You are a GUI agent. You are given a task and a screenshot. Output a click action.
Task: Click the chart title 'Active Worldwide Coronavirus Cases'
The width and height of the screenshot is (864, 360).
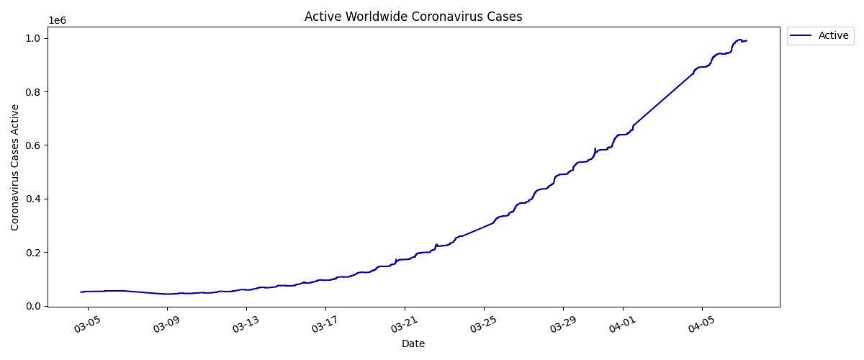[x=413, y=17]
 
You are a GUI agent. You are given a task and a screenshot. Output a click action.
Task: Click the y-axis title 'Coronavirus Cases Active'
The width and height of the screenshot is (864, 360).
[x=16, y=166]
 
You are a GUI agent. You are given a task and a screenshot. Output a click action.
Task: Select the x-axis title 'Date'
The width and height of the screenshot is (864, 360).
[x=413, y=344]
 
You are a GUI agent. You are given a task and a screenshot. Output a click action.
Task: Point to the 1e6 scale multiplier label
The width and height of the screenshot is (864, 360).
[x=58, y=20]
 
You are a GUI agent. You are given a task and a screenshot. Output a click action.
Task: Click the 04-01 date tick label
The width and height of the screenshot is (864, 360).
[x=620, y=323]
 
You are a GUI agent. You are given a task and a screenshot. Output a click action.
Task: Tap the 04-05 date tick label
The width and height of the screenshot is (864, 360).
[x=699, y=323]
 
